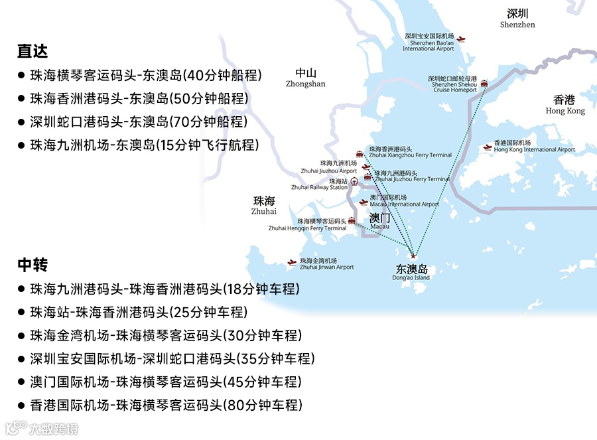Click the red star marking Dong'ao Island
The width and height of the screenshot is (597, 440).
[413, 256]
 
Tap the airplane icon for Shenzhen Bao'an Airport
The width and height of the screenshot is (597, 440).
[462, 40]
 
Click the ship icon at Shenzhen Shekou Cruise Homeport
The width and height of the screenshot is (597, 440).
[484, 84]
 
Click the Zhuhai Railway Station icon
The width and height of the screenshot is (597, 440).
[354, 181]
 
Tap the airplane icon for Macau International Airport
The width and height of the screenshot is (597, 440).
[363, 202]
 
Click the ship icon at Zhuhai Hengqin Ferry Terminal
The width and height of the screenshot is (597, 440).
[352, 221]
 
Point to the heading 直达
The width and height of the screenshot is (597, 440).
[33, 51]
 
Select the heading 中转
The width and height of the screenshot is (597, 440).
[33, 265]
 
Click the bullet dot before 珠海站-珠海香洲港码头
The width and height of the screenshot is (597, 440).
[21, 313]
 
